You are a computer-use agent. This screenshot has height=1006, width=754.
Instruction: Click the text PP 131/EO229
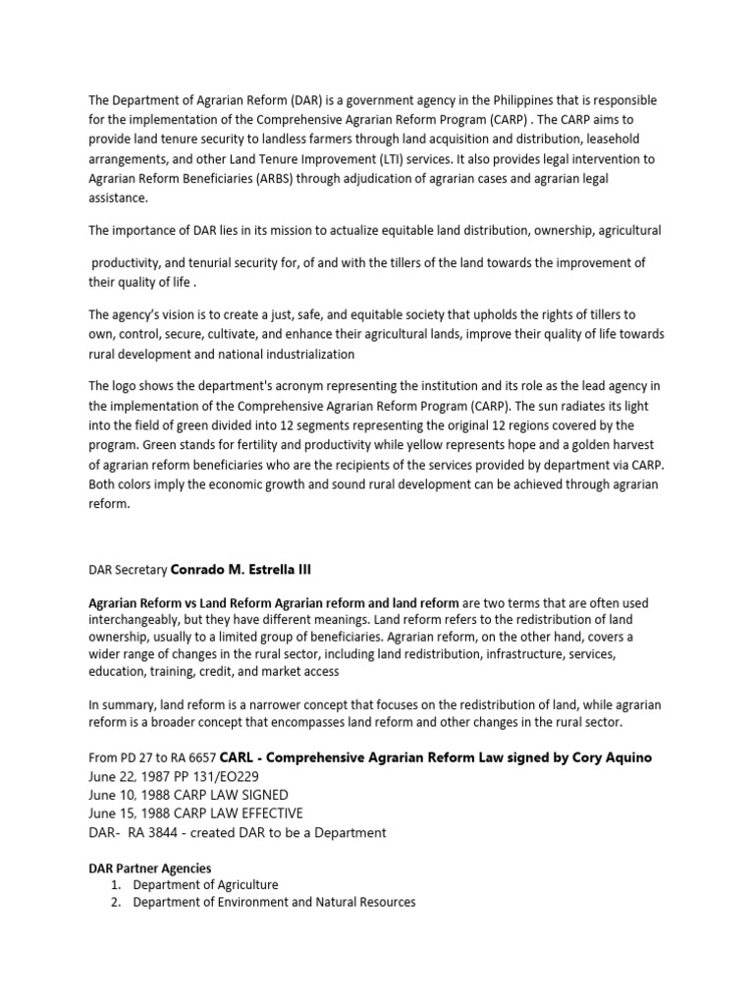224,775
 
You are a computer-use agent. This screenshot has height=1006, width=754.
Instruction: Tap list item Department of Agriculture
205,884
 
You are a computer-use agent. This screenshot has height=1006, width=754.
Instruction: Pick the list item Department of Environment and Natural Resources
274,902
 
